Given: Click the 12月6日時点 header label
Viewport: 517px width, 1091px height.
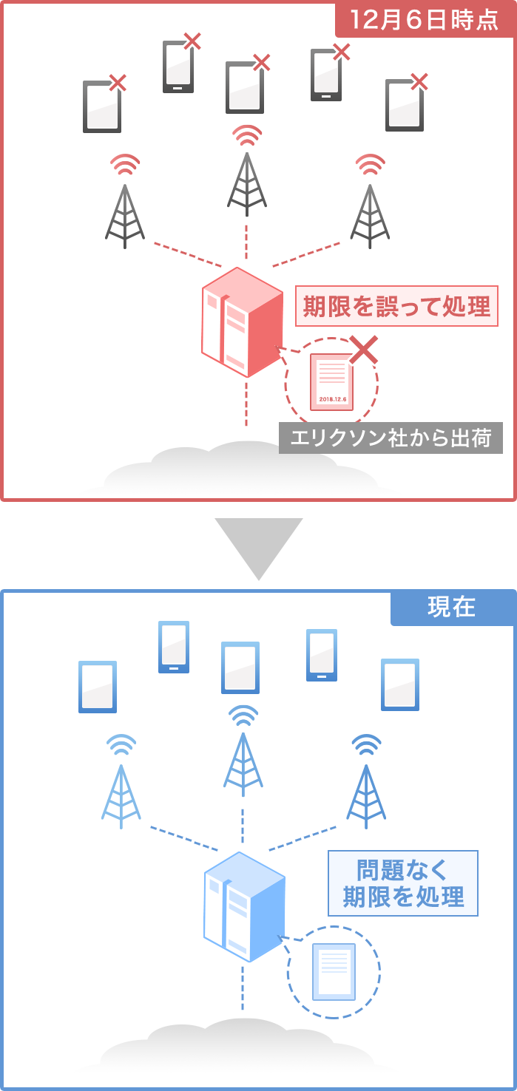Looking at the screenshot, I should [425, 20].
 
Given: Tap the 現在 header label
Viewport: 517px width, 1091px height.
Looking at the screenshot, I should [451, 608].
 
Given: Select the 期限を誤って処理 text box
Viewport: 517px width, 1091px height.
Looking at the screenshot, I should [396, 305].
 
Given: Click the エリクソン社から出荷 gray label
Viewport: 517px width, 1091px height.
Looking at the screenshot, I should [391, 438].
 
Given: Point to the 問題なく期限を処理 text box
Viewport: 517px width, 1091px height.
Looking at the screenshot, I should [403, 883].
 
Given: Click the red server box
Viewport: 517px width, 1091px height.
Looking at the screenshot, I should [241, 323].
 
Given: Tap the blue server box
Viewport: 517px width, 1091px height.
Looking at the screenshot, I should [243, 907].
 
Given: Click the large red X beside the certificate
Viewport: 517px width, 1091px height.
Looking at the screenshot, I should [363, 350].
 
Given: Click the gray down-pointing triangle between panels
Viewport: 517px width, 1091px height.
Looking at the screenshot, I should [259, 546].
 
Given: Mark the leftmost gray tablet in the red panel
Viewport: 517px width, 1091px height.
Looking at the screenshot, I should [102, 107].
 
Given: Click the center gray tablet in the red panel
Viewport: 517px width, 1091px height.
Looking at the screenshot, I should [245, 88].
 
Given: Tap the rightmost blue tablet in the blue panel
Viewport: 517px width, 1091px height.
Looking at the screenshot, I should [400, 684].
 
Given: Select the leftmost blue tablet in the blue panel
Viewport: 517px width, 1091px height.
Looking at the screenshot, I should [98, 687].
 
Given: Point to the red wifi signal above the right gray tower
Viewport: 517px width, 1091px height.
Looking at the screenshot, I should [370, 164].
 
